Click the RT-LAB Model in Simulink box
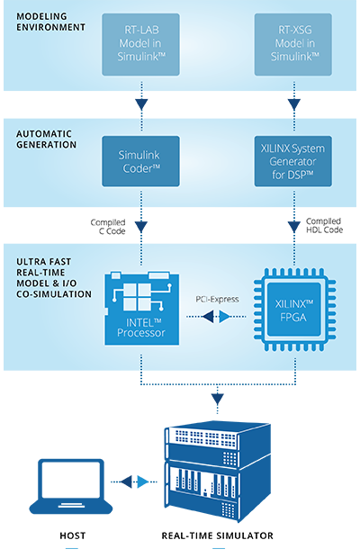[140, 44]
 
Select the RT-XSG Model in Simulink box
[293, 44]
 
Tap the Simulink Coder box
[140, 161]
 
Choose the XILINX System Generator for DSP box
[293, 161]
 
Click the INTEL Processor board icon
[141, 308]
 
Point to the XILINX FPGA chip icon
[294, 310]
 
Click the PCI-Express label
[217, 300]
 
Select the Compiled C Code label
[108, 227]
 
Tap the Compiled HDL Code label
[324, 226]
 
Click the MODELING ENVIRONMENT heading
[50, 22]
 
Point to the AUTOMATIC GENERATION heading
[46, 139]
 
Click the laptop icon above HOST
[71, 487]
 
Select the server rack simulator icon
[218, 471]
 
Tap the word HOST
[73, 535]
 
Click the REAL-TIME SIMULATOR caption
[218, 535]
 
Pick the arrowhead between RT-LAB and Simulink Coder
[141, 104]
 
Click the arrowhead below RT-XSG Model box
[294, 104]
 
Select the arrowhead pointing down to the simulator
[218, 399]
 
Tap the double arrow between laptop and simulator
[134, 481]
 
